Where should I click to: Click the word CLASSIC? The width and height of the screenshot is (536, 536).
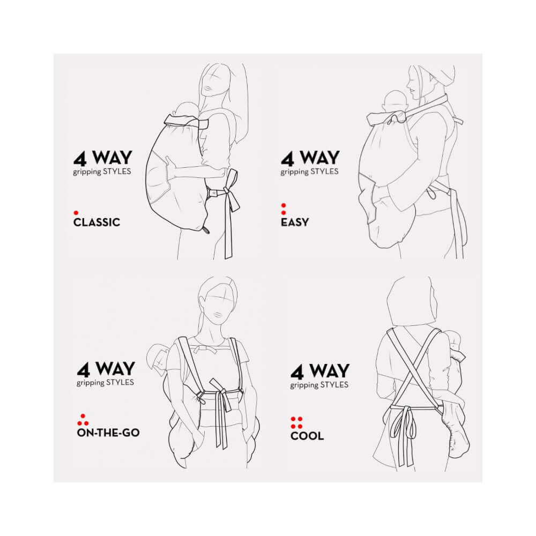[x=96, y=222]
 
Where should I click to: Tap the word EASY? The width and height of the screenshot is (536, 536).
[x=295, y=222]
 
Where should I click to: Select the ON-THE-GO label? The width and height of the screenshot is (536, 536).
[x=108, y=432]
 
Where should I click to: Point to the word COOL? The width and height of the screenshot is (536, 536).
[x=307, y=436]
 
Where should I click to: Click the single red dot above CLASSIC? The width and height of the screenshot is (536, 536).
[x=76, y=212]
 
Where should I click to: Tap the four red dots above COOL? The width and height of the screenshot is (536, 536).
[x=296, y=422]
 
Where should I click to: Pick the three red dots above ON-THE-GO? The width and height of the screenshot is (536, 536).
[x=83, y=420]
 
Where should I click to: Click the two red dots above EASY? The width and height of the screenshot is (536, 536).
[x=284, y=209]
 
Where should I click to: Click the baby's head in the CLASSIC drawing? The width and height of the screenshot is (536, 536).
[x=184, y=110]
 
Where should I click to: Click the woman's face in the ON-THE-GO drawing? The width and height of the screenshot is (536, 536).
[x=217, y=301]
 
